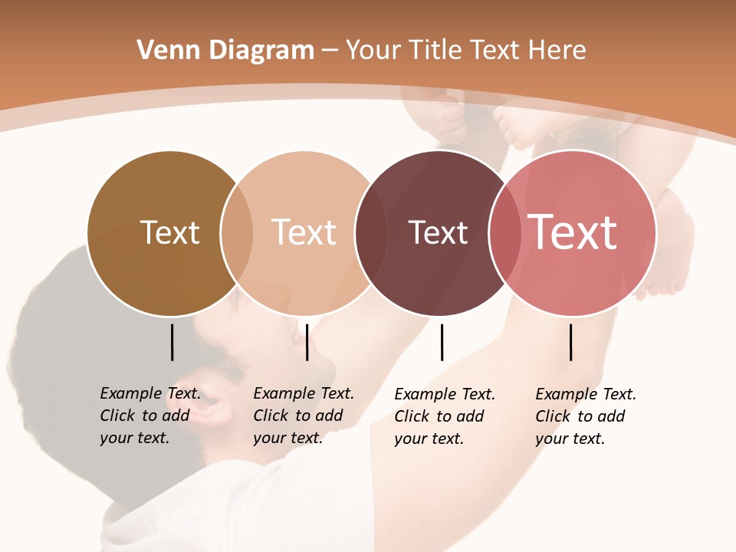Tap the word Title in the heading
pyautogui.click(x=434, y=51)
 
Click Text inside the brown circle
pyautogui.click(x=169, y=232)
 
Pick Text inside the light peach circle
pyautogui.click(x=304, y=232)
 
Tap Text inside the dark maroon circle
pyautogui.click(x=438, y=233)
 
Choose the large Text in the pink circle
pyautogui.click(x=573, y=232)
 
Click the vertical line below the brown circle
pyautogui.click(x=172, y=342)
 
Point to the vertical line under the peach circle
pyautogui.click(x=307, y=342)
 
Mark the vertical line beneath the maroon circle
pyautogui.click(x=442, y=342)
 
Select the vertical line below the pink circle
pyautogui.click(x=570, y=342)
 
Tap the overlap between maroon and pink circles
pyautogui.click(x=504, y=233)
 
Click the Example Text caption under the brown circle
pyautogui.click(x=149, y=416)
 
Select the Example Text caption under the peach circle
pyautogui.click(x=303, y=416)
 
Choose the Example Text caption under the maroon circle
pyautogui.click(x=444, y=416)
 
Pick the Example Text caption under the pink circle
pyautogui.click(x=585, y=416)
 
